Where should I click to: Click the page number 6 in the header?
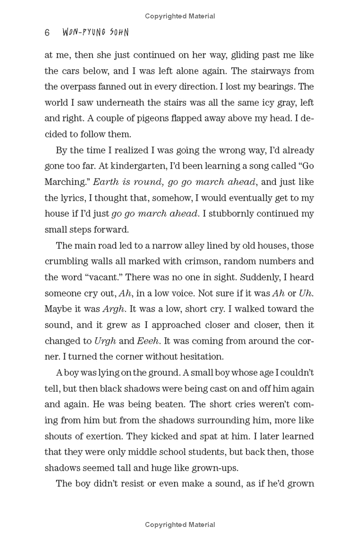(47, 33)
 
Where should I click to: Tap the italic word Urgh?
(105, 340)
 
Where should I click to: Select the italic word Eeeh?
(148, 340)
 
